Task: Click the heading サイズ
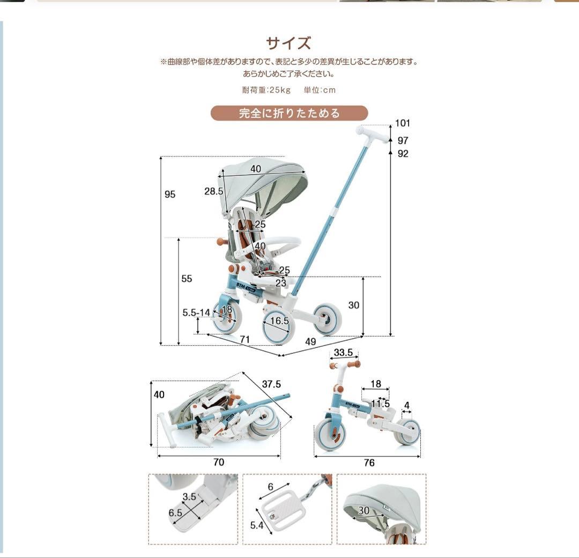pyautogui.click(x=289, y=43)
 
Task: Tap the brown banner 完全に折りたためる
pyautogui.click(x=289, y=113)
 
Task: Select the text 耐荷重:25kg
pyautogui.click(x=266, y=90)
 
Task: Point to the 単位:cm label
pyautogui.click(x=320, y=90)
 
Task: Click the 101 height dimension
pyautogui.click(x=402, y=123)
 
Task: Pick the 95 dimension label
pyautogui.click(x=170, y=195)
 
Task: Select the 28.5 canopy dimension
pyautogui.click(x=213, y=191)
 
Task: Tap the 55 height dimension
pyautogui.click(x=186, y=279)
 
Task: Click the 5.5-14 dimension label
pyautogui.click(x=196, y=313)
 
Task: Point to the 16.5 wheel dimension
pyautogui.click(x=279, y=321)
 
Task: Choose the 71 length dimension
pyautogui.click(x=245, y=339)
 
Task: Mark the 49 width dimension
pyautogui.click(x=310, y=342)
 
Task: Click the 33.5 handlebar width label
pyautogui.click(x=343, y=353)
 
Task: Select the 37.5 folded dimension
pyautogui.click(x=271, y=384)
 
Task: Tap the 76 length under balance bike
pyautogui.click(x=369, y=463)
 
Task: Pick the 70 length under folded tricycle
pyautogui.click(x=219, y=462)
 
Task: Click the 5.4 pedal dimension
pyautogui.click(x=257, y=525)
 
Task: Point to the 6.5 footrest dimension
pyautogui.click(x=175, y=512)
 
